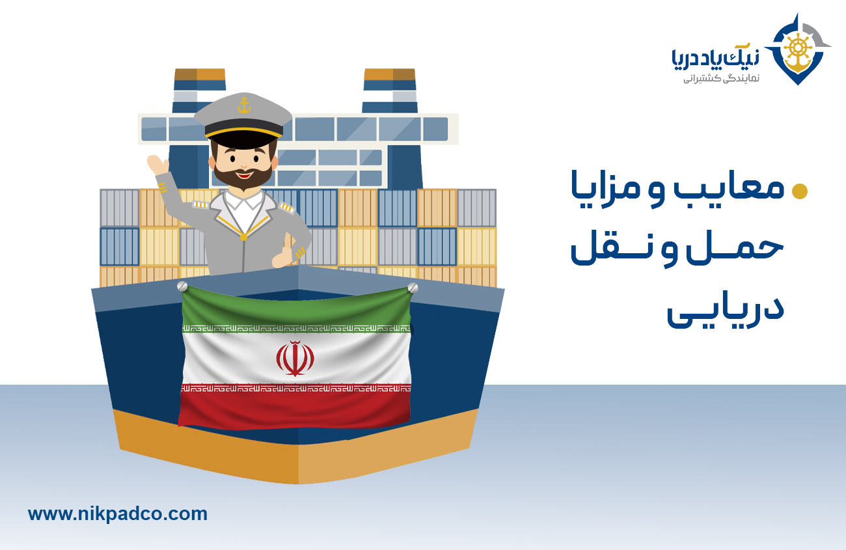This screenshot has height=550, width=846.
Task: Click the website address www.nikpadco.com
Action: tap(118, 514)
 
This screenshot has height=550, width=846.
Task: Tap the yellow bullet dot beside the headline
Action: tap(798, 191)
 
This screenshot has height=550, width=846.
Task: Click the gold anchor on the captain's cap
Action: tap(243, 105)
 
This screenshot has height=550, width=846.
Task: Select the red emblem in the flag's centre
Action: tap(295, 358)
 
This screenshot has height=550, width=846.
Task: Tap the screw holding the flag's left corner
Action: tap(182, 286)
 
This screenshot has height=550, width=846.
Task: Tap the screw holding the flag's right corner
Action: tap(413, 287)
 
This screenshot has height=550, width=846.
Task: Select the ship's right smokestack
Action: tap(389, 91)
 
